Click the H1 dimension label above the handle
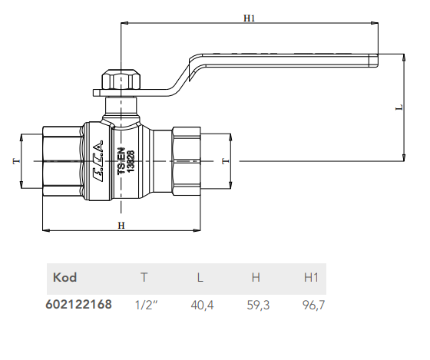pos(249,18)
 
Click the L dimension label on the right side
pos(399,107)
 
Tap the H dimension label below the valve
pos(121,226)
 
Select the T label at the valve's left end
pos(16,160)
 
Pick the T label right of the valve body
pos(225,160)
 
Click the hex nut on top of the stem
pos(121,80)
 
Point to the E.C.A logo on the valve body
pos(98,161)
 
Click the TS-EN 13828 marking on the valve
pos(126,161)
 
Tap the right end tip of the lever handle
pos(378,61)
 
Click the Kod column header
pos(64,277)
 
